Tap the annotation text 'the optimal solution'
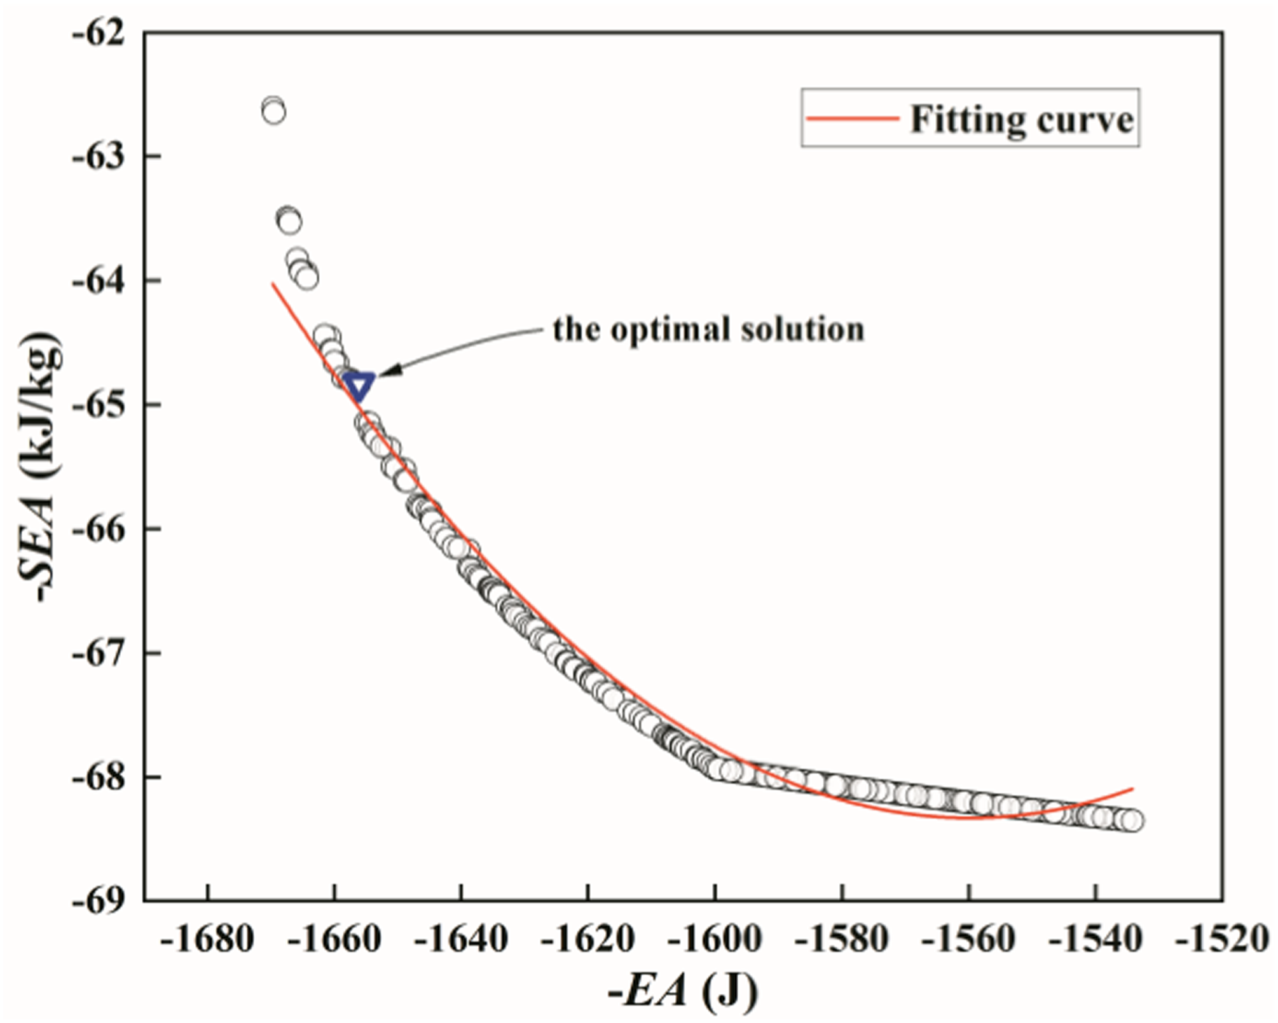click(708, 330)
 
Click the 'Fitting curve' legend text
click(1022, 120)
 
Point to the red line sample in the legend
click(853, 118)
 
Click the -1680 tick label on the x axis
click(208, 939)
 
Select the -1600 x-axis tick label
click(715, 939)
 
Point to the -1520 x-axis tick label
click(1222, 939)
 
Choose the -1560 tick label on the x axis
click(968, 939)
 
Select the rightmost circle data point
click(1132, 821)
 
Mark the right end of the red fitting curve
click(1133, 789)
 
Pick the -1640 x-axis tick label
click(462, 939)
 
